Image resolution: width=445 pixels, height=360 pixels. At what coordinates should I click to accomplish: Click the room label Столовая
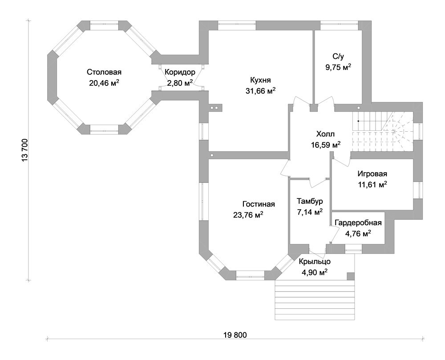104,72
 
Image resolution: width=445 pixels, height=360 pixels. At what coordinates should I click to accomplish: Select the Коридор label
180,72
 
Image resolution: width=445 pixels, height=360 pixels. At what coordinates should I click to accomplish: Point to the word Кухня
260,80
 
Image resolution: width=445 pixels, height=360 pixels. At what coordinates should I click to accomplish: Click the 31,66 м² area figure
260,91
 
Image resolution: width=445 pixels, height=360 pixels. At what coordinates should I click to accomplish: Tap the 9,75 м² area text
338,67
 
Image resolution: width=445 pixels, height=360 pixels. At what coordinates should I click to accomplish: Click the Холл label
325,133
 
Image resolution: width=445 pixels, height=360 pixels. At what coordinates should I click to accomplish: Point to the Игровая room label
372,174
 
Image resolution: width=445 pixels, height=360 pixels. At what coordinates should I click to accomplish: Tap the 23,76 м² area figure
248,215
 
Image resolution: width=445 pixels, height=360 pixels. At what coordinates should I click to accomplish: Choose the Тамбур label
310,201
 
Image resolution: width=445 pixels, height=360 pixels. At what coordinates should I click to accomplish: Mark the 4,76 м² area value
358,233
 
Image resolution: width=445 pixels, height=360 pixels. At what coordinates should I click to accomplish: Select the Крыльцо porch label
314,262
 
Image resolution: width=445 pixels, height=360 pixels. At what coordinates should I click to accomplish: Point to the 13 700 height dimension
25,151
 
